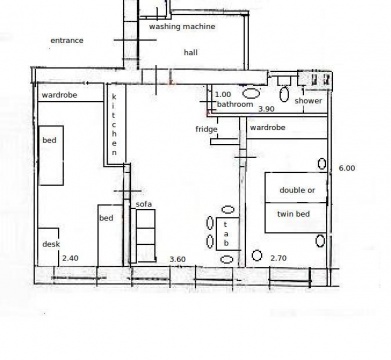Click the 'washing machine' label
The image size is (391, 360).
coord(182,26)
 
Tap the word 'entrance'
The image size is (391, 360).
coord(67,41)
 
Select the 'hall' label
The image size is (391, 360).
coord(191,52)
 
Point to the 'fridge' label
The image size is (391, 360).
coord(206,129)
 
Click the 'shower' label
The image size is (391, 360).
coord(308,101)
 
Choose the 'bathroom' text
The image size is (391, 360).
coord(235,104)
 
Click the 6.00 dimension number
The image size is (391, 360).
coord(347,168)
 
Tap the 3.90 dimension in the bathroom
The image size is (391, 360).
coord(266,109)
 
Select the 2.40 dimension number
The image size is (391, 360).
coord(70,258)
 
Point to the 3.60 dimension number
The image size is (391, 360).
coord(178,259)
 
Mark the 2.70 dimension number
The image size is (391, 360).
coord(278,258)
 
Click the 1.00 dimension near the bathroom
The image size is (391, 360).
coord(223,95)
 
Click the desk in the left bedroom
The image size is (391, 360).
coord(49,247)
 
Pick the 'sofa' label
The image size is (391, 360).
coord(144,204)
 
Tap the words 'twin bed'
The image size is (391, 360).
coord(294,214)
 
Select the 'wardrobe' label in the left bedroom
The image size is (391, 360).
coord(59,95)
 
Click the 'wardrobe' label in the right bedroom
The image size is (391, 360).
coord(267,127)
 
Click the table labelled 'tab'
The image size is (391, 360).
coord(228,234)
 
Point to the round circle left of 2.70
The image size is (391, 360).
coord(257,256)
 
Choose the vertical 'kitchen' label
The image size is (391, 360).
coord(114,125)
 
